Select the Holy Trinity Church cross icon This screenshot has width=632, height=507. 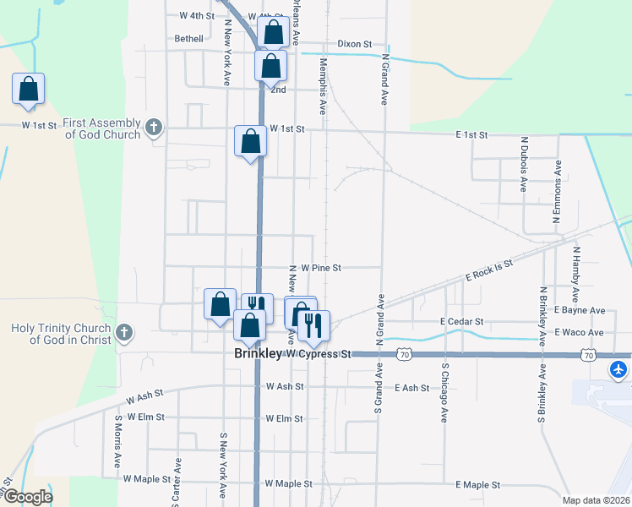click(x=124, y=333)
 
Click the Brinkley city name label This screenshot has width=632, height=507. click(x=257, y=355)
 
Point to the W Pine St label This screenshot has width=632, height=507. click(x=320, y=267)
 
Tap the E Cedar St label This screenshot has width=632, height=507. click(x=461, y=322)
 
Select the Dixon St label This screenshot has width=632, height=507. click(x=354, y=43)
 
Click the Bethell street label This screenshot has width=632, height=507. click(x=188, y=39)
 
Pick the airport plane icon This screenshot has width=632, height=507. click(x=619, y=369)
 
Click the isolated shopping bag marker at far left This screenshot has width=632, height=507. click(x=28, y=89)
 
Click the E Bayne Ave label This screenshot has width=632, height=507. click(x=580, y=311)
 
